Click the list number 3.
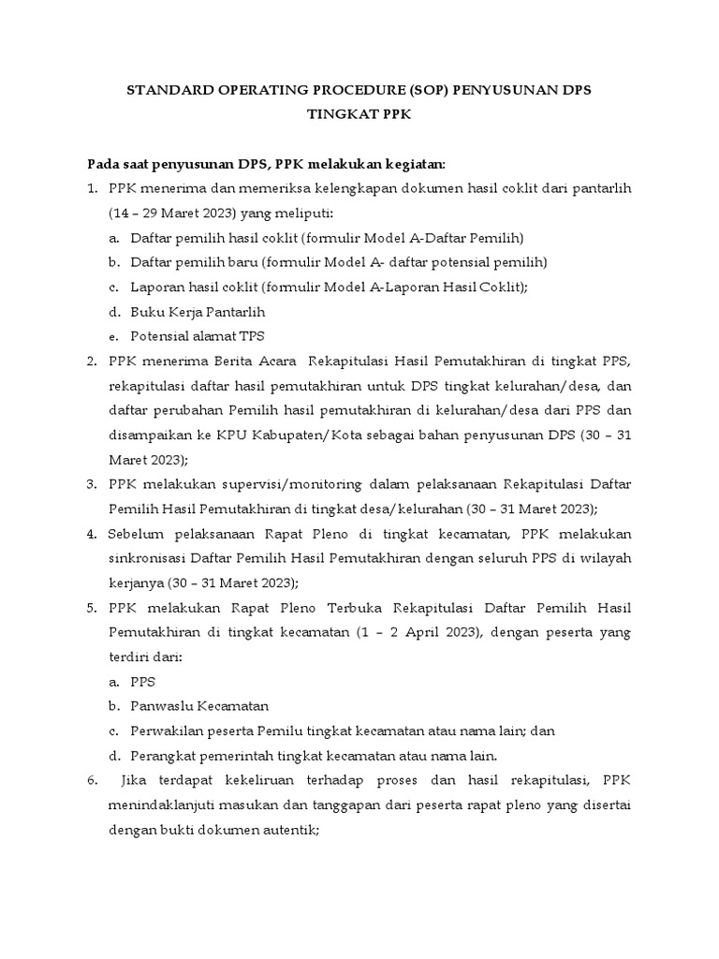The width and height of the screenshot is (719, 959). (x=92, y=483)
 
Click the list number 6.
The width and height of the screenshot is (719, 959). (x=92, y=779)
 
